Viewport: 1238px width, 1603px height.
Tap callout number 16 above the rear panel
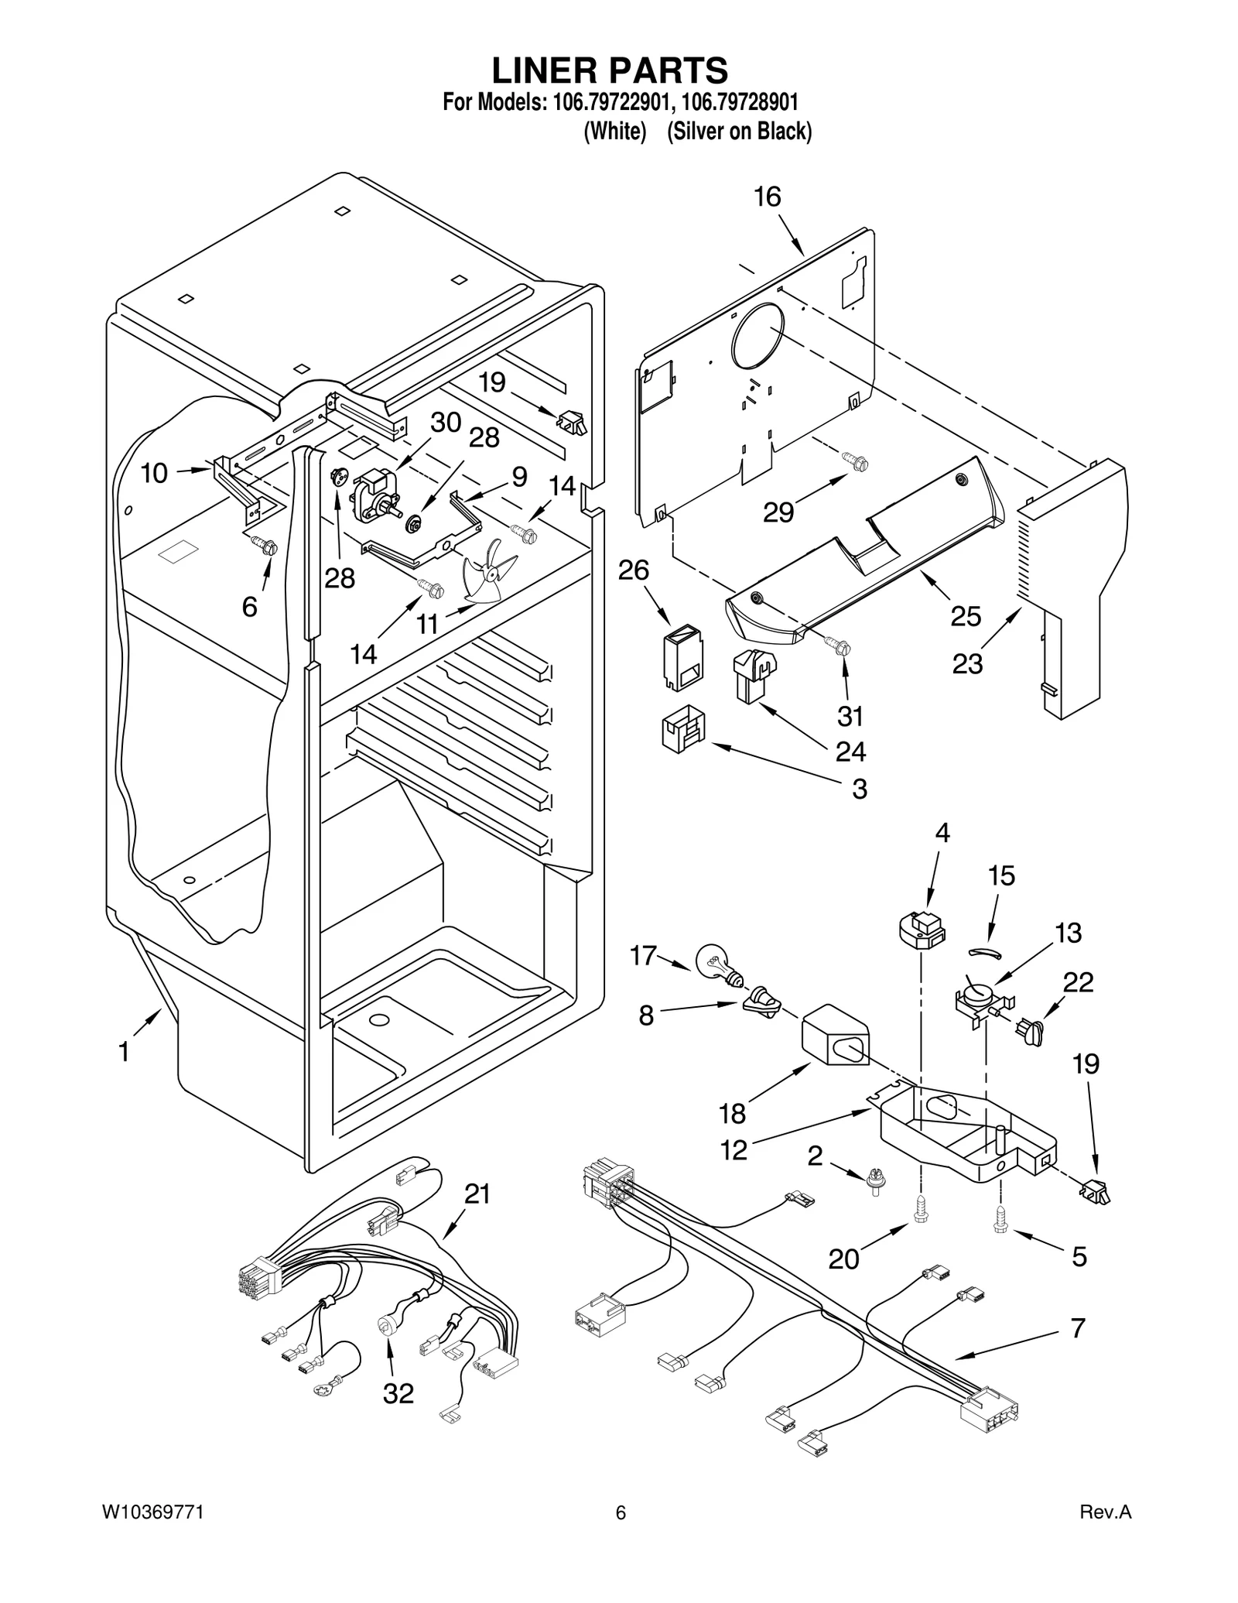pos(768,197)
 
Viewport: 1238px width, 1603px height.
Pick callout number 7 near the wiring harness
pos(1078,1327)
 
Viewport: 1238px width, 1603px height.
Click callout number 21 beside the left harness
pos(477,1194)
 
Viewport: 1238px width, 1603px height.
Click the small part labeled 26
pos(682,659)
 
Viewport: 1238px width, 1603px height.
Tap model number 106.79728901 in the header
pos(741,102)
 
